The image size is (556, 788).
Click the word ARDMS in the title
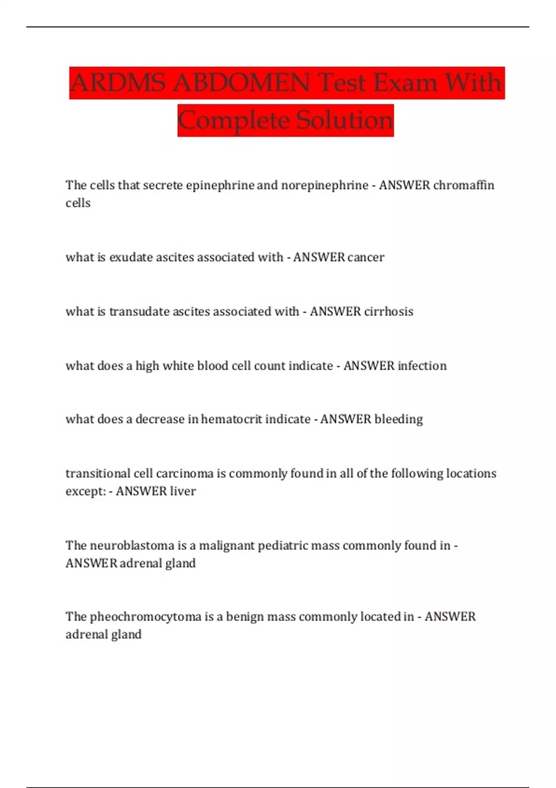click(118, 83)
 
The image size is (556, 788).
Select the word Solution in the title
click(345, 121)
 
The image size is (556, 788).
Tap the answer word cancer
click(366, 257)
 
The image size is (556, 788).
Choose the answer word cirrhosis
click(388, 311)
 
